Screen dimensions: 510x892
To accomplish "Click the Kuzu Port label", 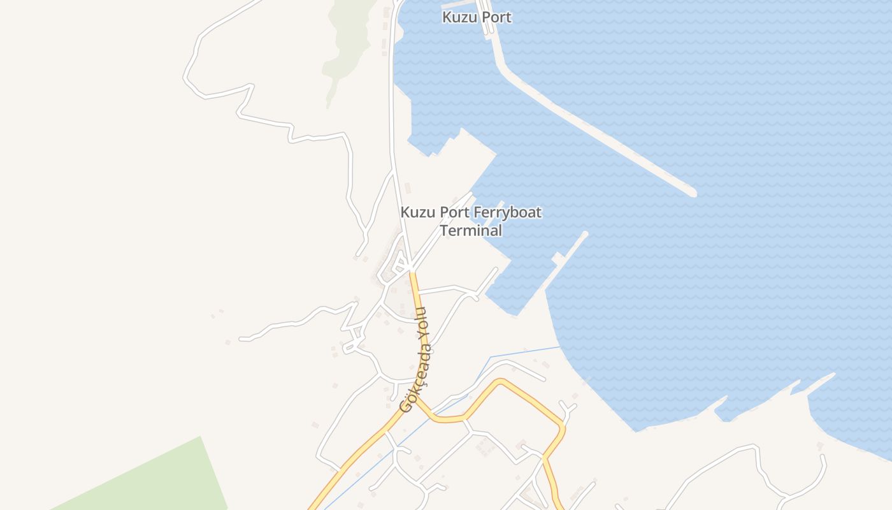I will tap(477, 17).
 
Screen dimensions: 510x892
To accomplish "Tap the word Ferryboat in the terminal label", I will tap(507, 212).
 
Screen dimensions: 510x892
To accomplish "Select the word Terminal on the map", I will tap(471, 230).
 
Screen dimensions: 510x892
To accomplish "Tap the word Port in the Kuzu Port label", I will tap(496, 17).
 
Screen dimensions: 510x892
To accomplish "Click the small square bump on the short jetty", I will tap(558, 259).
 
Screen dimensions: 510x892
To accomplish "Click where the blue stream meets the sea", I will tap(559, 347).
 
